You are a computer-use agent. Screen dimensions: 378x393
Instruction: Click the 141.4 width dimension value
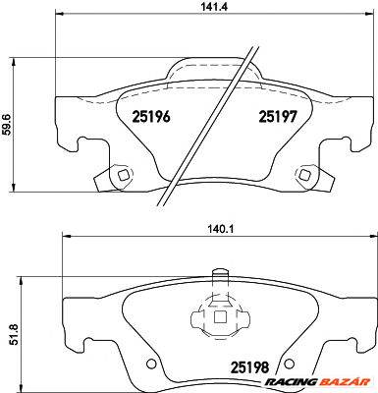coord(213,6)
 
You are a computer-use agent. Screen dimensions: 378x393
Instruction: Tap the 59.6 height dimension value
coord(7,125)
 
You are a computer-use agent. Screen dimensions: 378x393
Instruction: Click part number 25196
coord(151,116)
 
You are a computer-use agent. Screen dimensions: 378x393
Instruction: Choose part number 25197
coord(278,116)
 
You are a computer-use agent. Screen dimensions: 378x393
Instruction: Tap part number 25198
coord(250,367)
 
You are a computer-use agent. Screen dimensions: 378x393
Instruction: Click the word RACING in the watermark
coord(291,382)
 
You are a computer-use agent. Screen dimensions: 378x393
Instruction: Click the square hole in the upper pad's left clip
coord(124,175)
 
